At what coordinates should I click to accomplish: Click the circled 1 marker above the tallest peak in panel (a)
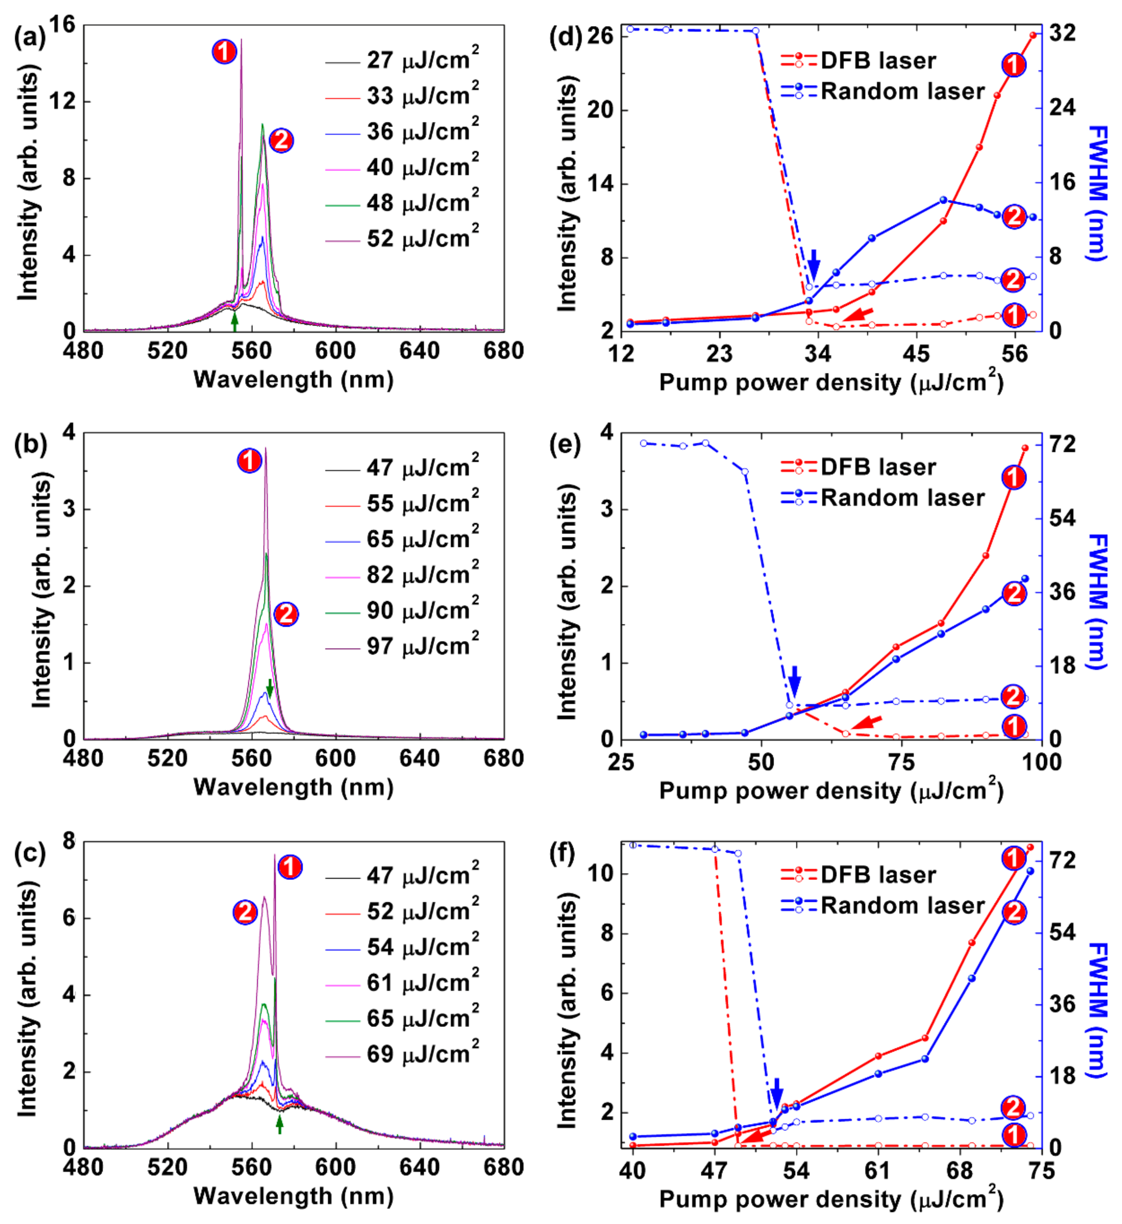[x=224, y=52]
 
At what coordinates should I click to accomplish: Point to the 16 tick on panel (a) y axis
[x=63, y=25]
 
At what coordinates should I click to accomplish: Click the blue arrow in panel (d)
[x=814, y=265]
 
